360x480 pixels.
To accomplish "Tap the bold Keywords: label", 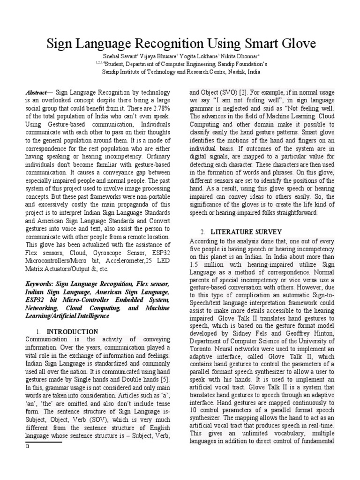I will (40, 284).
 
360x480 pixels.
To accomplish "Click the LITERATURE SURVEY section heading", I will (246, 232).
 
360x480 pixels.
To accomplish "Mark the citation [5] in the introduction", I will (165, 378).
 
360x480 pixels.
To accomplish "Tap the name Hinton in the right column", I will (323, 333).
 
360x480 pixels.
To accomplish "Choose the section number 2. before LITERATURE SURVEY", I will (202, 232).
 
